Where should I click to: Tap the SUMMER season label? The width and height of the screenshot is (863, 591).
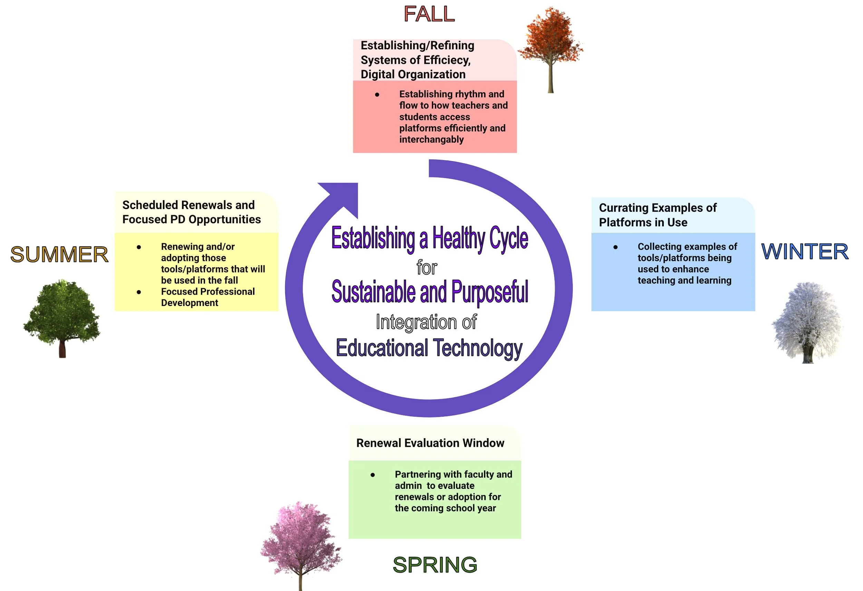click(59, 255)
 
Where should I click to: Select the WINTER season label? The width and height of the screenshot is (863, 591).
click(805, 252)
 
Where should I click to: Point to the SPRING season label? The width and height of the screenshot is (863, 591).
click(435, 565)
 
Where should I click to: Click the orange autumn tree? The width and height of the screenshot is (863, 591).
click(550, 37)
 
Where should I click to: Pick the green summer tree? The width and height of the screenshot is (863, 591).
click(62, 312)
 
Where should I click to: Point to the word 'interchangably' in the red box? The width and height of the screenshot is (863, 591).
click(431, 140)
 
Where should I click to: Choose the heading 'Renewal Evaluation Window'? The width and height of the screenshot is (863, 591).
click(430, 443)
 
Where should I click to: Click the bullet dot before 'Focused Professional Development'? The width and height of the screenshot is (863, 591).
click(139, 292)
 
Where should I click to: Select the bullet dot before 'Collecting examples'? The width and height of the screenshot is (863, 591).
click(615, 247)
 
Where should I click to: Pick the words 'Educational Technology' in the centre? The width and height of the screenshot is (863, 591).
click(429, 348)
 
